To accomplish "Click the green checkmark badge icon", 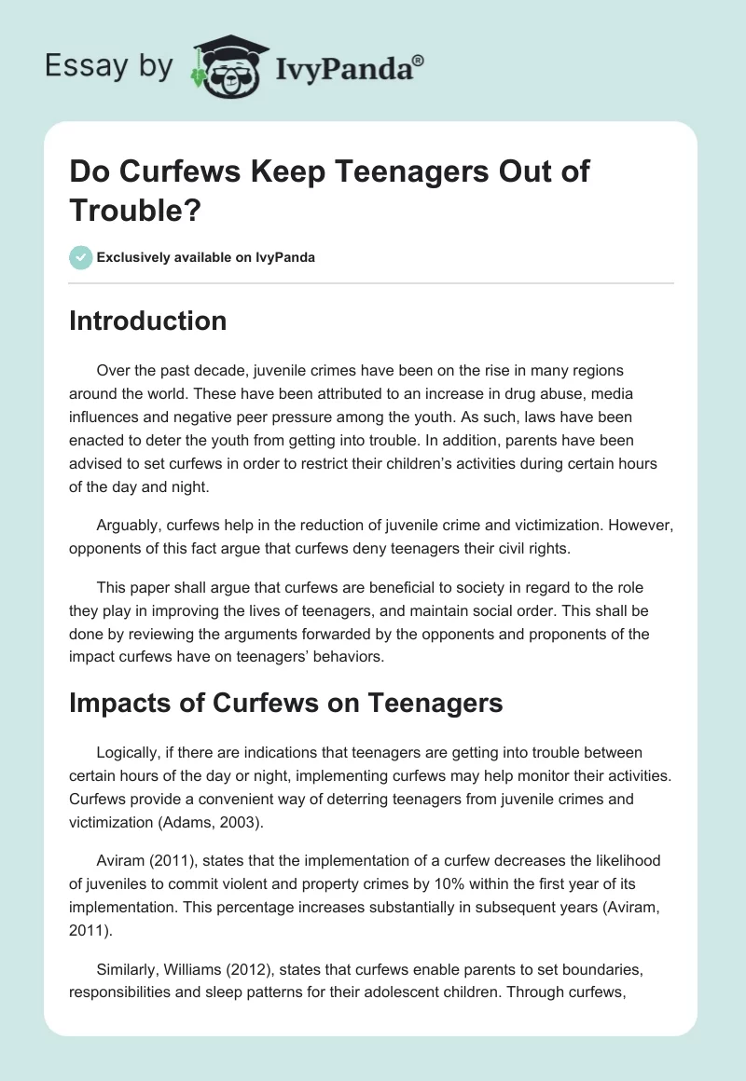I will click(81, 257).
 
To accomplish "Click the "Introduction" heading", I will click(147, 322).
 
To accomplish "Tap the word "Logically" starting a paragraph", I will click(130, 752).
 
